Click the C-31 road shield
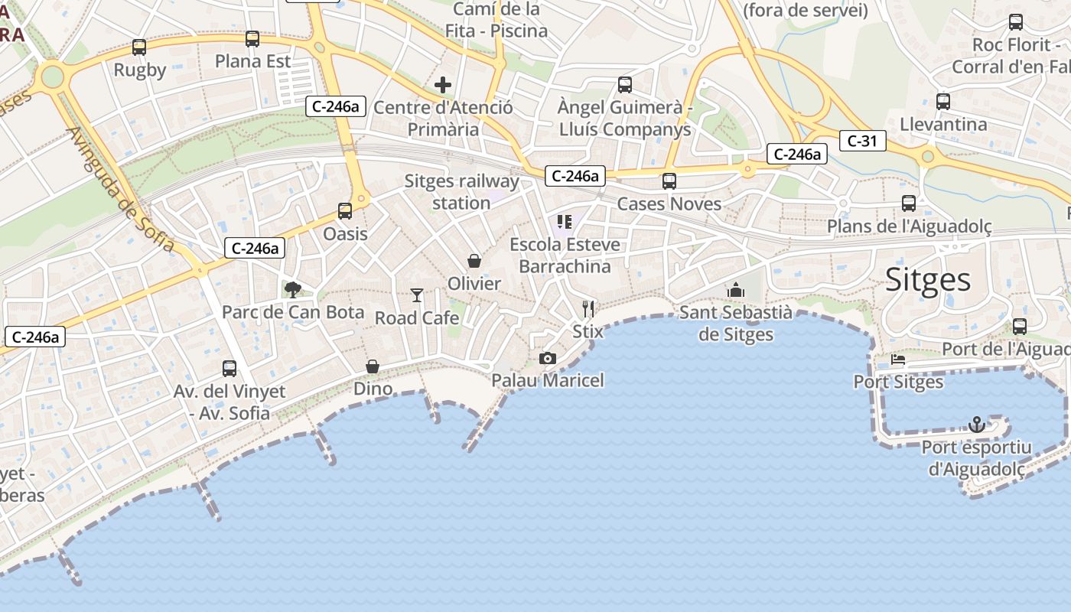click(x=862, y=141)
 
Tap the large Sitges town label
click(x=928, y=280)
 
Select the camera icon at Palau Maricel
click(x=548, y=358)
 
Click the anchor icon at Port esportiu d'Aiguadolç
click(x=976, y=424)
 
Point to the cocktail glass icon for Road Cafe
click(x=417, y=295)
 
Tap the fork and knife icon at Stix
click(x=588, y=308)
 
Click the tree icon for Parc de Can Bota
click(x=292, y=289)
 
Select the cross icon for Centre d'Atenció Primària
click(x=442, y=85)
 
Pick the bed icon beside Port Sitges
click(x=898, y=359)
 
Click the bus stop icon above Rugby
click(x=139, y=47)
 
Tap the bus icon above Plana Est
click(x=252, y=39)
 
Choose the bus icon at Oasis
click(x=345, y=211)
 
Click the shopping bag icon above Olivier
click(x=474, y=261)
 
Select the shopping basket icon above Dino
click(x=373, y=366)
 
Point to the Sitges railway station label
click(x=461, y=192)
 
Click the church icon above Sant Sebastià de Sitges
click(x=736, y=290)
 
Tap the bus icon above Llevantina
click(x=943, y=102)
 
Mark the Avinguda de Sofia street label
click(x=121, y=191)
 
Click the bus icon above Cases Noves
click(x=669, y=181)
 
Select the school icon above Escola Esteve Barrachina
click(x=565, y=222)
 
